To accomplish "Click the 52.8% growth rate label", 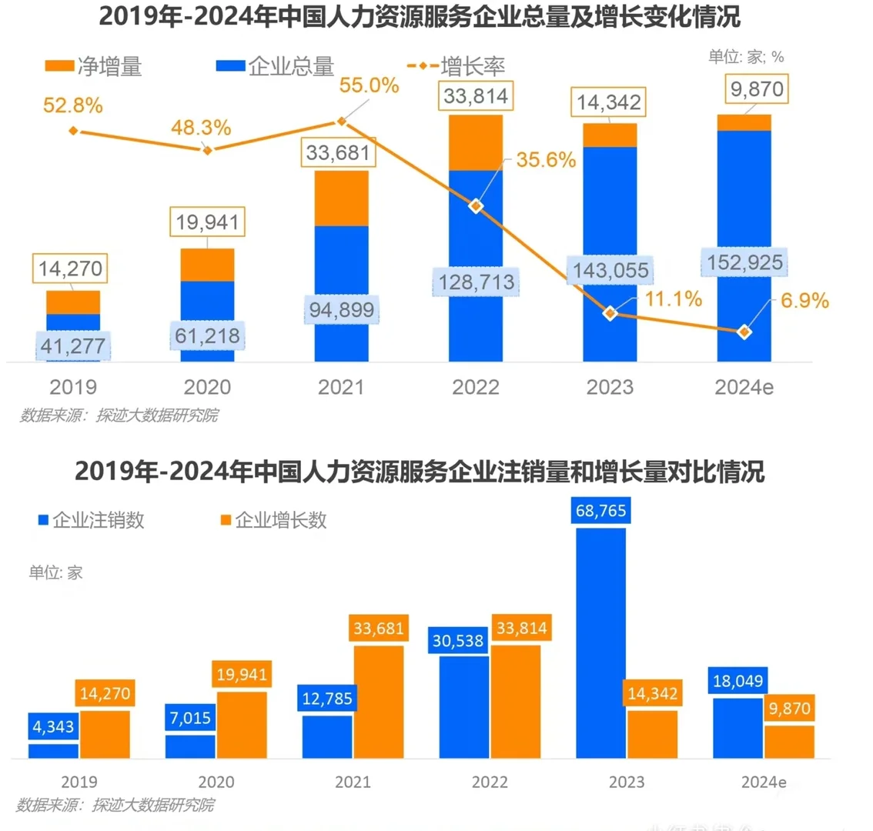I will coord(72,105).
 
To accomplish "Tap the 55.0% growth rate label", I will coord(369,85).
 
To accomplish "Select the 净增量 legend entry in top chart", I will coord(93,67).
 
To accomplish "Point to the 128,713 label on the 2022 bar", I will coord(477,282).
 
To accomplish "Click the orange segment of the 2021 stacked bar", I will coord(341,199).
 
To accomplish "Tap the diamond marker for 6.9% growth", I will coord(744,332).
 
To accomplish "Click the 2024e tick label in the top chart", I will coord(744,387).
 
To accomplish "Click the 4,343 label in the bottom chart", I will coord(54,726).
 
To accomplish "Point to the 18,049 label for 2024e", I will coord(738,681).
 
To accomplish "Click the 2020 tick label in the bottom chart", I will coord(216,783).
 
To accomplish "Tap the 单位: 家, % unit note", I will coord(745,57).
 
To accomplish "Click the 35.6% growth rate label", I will coord(546,160).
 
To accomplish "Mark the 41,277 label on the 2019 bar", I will coord(73,345).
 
